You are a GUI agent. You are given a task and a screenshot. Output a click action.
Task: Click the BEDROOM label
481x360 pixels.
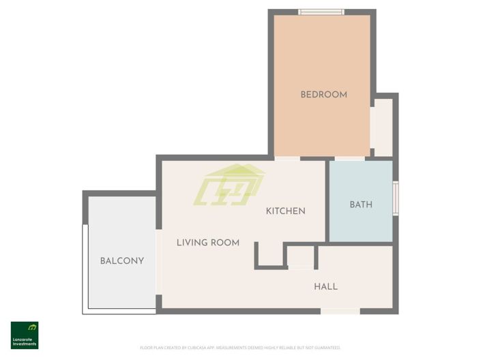click(323, 95)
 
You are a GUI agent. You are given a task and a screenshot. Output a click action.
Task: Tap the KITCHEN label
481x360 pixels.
click(285, 211)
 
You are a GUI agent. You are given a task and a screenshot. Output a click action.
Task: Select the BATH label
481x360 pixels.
click(361, 205)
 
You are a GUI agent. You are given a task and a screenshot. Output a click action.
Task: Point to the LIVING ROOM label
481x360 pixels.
click(207, 242)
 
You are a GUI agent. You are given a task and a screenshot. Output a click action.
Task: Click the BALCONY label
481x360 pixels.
click(121, 260)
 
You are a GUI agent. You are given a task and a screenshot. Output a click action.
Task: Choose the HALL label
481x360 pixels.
click(325, 286)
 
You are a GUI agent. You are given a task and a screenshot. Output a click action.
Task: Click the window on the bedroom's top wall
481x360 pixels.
click(321, 12)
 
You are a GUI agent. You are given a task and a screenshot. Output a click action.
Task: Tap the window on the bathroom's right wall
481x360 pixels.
click(395, 198)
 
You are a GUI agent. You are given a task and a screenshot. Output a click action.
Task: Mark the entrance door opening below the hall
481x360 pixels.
click(340, 311)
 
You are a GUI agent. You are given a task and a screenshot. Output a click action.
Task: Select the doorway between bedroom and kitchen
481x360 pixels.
click(287, 158)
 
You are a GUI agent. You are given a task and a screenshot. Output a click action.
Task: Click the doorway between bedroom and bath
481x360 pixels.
click(349, 158)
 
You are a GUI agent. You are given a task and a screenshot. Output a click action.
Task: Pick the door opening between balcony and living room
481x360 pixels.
click(159, 262)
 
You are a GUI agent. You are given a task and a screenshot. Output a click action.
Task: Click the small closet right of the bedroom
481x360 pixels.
click(383, 127)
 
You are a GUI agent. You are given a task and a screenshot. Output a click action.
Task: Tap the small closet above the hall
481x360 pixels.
click(300, 256)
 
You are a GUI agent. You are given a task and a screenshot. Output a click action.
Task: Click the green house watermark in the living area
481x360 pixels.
click(229, 185)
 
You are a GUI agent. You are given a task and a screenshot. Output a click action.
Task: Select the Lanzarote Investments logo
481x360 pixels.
click(25, 335)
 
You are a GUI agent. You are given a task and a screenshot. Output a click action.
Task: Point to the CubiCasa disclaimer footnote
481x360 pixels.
click(240, 348)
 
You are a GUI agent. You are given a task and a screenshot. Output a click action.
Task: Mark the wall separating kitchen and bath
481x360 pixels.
click(327, 201)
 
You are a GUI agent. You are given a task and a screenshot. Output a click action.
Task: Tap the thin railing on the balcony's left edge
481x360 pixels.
click(83, 269)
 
